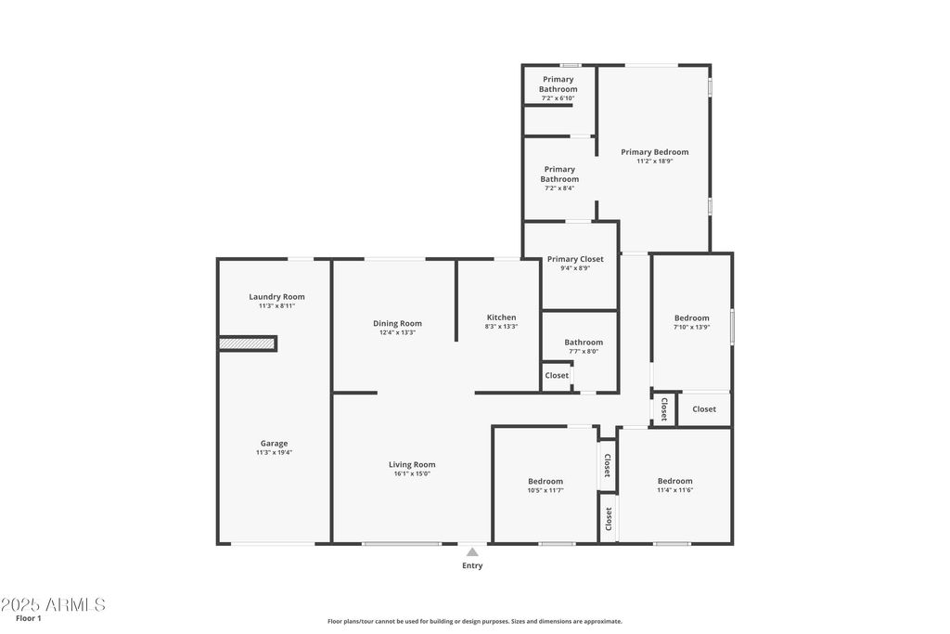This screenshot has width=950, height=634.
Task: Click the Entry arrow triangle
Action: coord(472,552)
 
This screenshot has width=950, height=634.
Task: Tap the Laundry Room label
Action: coord(276,297)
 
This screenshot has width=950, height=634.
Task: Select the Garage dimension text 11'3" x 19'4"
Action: coord(274,452)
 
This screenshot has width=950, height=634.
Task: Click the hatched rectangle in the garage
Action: coord(247,343)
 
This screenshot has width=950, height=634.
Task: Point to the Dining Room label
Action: coord(397,324)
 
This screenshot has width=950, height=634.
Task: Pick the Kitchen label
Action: coord(502,317)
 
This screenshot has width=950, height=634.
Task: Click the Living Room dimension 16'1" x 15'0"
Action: coord(412,473)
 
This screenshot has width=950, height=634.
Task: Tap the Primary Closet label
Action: coord(575,259)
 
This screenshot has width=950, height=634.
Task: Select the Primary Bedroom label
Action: coord(654,152)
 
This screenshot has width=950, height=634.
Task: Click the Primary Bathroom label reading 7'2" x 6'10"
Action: coord(558,88)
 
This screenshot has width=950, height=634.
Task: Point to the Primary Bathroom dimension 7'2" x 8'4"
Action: coord(559,188)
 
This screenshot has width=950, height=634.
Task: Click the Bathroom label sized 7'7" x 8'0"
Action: coord(584,346)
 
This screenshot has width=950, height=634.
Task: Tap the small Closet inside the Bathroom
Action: coord(557,376)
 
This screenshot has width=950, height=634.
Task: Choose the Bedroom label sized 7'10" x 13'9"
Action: coord(691,322)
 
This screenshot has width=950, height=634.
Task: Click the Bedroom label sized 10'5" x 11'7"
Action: coord(546,485)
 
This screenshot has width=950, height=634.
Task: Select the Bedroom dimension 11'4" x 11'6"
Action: coord(675,490)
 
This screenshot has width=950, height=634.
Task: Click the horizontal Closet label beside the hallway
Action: coord(704,409)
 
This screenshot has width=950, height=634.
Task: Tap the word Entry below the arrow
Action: coord(472,565)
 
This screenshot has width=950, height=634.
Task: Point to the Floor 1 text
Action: coord(29,618)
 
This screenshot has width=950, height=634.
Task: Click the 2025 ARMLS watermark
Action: coord(53,604)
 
